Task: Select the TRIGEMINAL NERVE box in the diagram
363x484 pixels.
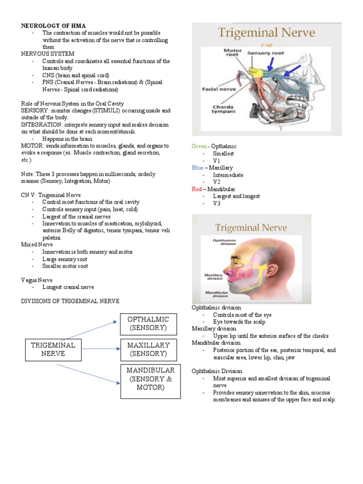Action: click(53, 349)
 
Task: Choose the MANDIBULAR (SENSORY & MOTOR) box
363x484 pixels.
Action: click(150, 379)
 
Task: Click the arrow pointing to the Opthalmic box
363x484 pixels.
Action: click(90, 330)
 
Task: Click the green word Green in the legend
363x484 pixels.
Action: click(199, 147)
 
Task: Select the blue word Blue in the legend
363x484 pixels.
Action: click(198, 168)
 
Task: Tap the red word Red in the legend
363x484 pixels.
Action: click(197, 189)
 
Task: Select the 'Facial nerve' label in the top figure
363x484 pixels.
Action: click(216, 88)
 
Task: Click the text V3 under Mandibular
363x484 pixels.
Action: click(216, 203)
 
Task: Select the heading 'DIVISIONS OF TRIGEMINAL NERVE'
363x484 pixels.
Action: click(70, 301)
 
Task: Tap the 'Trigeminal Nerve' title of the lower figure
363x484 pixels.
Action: click(251, 228)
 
